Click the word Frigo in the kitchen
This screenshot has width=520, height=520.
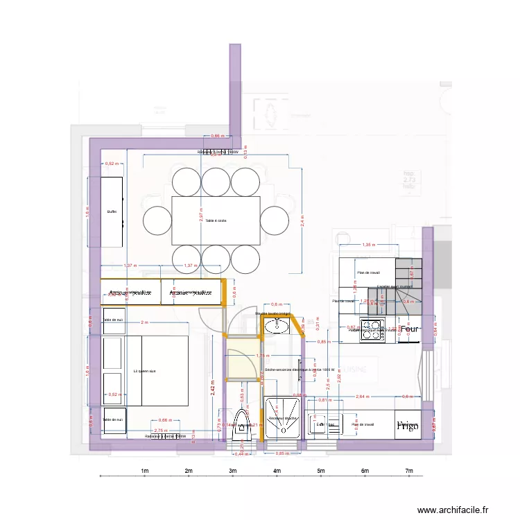point(408,426)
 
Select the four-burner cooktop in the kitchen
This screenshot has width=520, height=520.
point(372,331)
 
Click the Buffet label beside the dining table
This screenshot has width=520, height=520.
point(112,211)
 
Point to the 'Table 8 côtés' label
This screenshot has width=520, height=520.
point(216,220)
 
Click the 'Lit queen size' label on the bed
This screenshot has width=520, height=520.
point(145,372)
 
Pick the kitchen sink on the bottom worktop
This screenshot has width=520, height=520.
point(320,424)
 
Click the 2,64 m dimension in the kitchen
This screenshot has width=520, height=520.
point(361,397)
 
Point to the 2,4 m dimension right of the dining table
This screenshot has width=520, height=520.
point(302,220)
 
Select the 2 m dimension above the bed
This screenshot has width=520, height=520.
point(144,323)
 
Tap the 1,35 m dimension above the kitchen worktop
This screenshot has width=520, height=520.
point(369,245)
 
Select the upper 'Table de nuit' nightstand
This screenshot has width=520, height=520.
point(113,320)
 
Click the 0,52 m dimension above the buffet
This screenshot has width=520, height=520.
point(110,164)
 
